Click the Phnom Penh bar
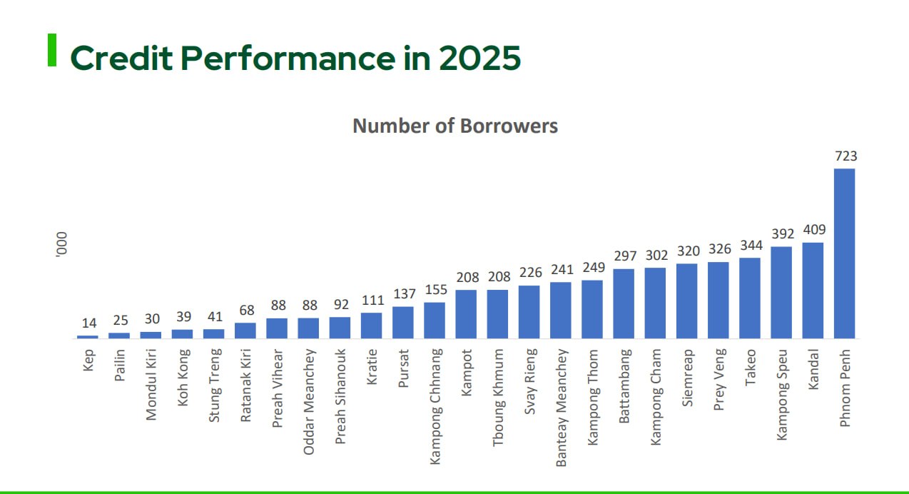844,253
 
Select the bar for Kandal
813,291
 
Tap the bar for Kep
88,336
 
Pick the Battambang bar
624,303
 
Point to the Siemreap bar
686,301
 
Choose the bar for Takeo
750,298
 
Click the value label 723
845,156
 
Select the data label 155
435,290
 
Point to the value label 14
88,323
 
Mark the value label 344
751,246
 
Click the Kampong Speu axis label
782,394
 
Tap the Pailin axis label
120,366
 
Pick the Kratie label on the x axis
372,366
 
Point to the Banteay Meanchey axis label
562,407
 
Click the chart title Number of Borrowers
455,126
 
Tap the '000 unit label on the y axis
62,246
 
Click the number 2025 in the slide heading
479,59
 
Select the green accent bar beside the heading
52,50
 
